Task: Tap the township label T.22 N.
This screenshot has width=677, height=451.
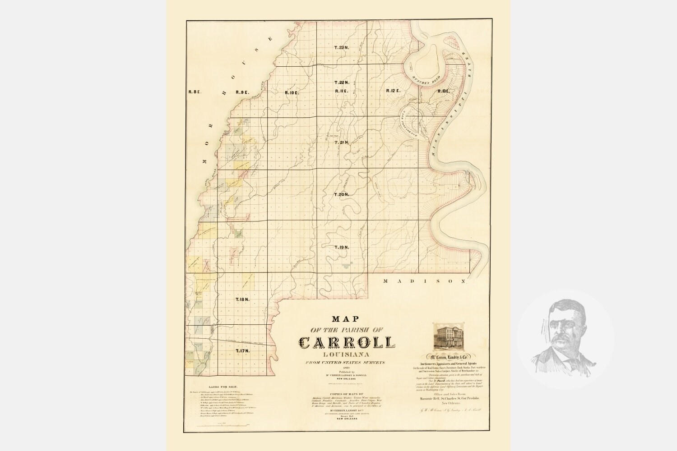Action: tap(342, 83)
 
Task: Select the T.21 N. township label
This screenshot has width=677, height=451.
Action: tap(342, 143)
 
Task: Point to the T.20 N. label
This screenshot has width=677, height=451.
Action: tap(342, 194)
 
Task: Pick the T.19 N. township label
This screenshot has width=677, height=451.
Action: tap(342, 247)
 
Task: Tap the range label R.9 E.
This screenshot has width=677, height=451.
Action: tap(242, 92)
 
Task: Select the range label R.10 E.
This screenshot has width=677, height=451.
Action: tap(292, 92)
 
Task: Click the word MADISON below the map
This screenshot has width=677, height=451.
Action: tap(424, 281)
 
